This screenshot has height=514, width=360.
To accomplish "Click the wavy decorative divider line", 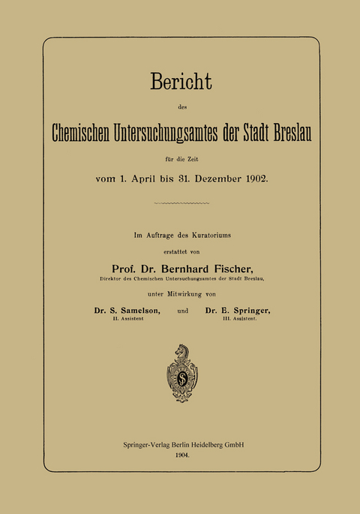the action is click(180, 203).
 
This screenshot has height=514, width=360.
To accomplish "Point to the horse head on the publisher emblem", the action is click(181, 351).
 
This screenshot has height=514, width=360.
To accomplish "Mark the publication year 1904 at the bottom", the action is click(180, 455).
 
